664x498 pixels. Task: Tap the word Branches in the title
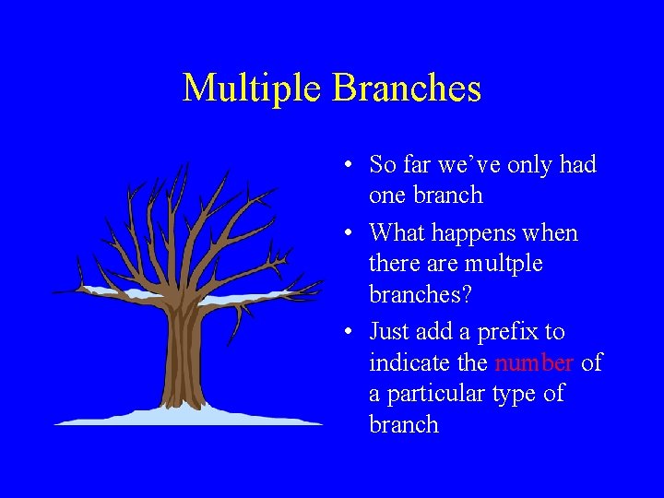[x=407, y=89]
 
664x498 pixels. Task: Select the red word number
[x=535, y=362]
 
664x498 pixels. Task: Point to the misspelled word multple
[x=504, y=264]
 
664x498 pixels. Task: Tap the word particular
[x=437, y=394]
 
